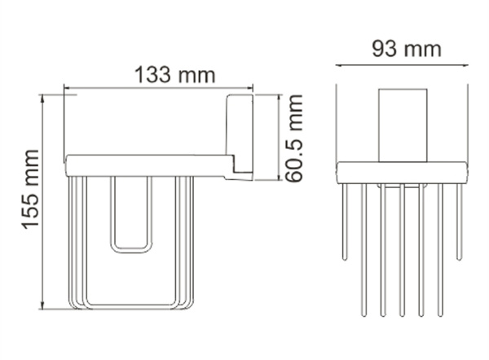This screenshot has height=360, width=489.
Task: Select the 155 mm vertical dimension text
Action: click(31, 200)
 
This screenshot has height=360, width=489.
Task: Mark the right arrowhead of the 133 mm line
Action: click(250, 87)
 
